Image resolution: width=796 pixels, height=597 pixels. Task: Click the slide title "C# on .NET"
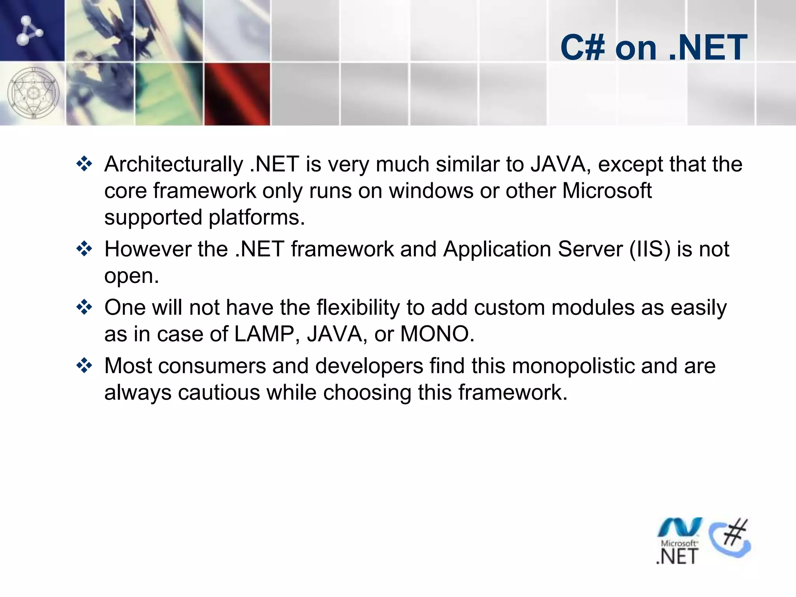[654, 47]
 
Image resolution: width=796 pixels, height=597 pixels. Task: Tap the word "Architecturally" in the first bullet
[173, 164]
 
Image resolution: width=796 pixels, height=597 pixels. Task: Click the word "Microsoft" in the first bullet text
[607, 191]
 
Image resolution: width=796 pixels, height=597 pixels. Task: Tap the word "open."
[132, 276]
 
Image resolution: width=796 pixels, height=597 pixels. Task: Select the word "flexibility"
[358, 307]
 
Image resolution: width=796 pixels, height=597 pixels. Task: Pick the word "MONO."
[437, 334]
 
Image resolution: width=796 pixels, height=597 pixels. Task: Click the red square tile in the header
[237, 94]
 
